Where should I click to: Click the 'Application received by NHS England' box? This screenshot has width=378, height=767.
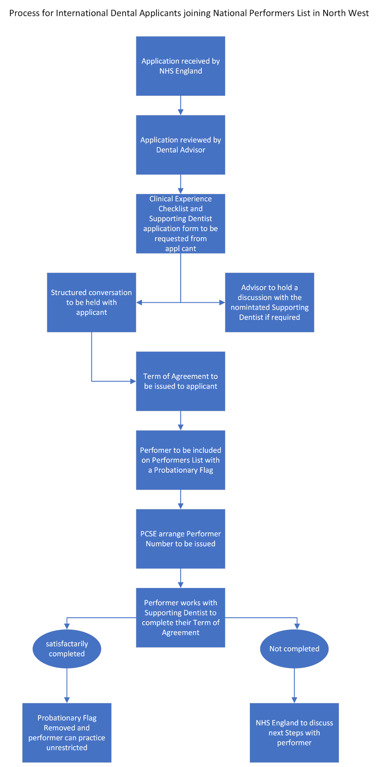click(180, 66)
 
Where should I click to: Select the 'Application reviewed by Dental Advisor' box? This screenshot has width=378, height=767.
click(180, 145)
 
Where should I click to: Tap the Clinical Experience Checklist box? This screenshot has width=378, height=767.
click(180, 223)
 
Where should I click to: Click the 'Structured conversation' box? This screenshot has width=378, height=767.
click(91, 302)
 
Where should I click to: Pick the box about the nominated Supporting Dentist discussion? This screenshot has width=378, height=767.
click(269, 302)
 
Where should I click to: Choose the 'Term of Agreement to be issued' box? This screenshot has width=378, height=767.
click(180, 381)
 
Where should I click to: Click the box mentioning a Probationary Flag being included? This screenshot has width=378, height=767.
click(180, 460)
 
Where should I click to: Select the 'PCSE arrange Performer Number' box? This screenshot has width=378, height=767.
click(180, 539)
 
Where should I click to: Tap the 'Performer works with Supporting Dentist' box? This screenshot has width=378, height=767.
click(180, 617)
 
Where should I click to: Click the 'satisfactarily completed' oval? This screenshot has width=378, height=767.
click(67, 649)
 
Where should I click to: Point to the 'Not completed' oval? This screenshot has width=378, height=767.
click(294, 649)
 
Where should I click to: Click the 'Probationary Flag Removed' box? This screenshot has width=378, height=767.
click(67, 732)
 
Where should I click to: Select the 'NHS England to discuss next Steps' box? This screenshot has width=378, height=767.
click(294, 732)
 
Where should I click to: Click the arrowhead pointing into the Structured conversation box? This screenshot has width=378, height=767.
click(139, 303)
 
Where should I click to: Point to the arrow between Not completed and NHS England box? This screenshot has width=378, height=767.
click(294, 685)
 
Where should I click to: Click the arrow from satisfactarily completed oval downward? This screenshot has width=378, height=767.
click(67, 685)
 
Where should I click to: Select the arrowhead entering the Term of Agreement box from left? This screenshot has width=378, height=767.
click(133, 381)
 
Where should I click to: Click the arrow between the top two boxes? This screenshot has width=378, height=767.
click(180, 105)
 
